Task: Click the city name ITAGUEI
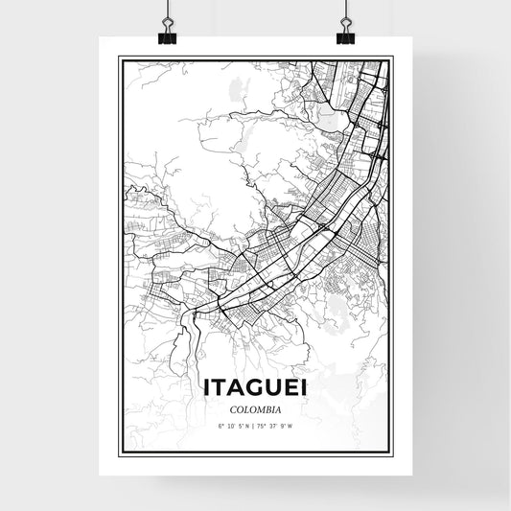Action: point(255,386)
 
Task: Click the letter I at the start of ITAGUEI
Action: point(208,386)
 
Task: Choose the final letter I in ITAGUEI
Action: point(304,386)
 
